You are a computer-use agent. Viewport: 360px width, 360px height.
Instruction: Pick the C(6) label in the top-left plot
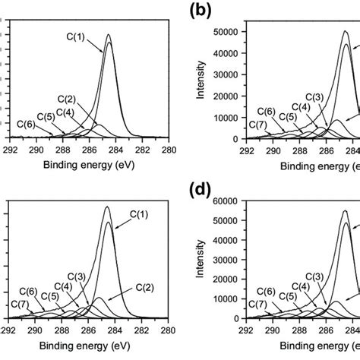click(x=25, y=122)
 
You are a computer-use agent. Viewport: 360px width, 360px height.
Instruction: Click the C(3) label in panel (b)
click(x=314, y=96)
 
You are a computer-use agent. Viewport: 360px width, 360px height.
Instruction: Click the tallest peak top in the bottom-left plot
click(x=107, y=207)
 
